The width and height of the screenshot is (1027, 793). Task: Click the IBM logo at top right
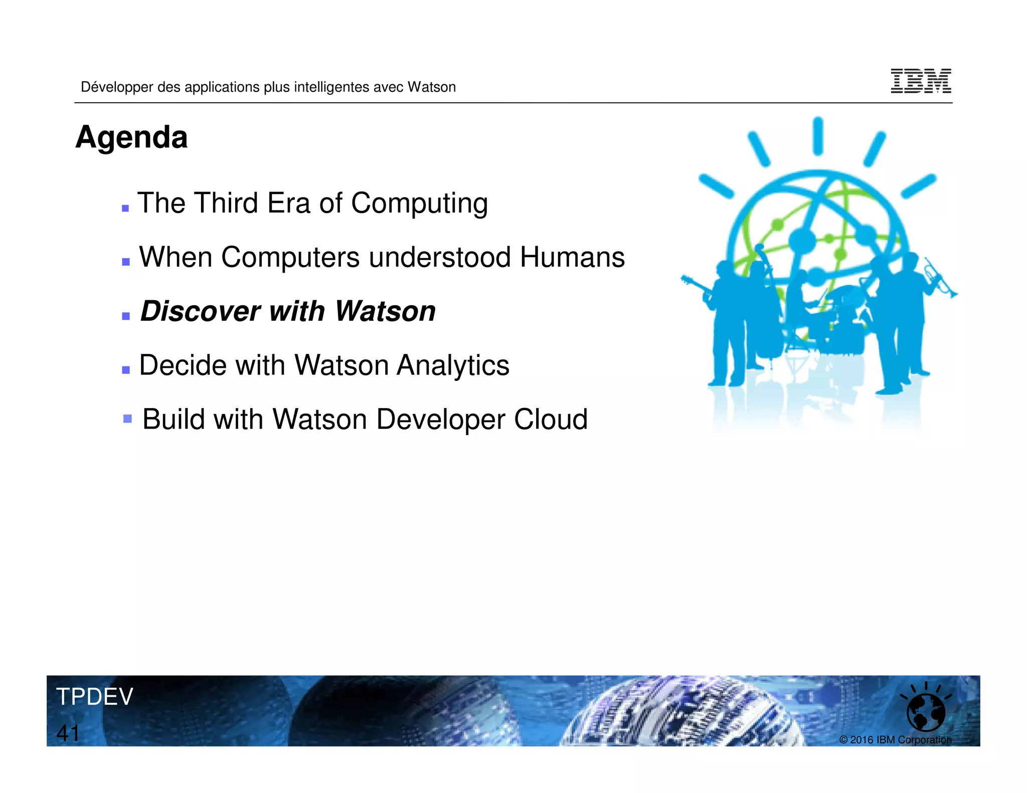tap(921, 81)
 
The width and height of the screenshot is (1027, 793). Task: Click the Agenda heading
tap(131, 137)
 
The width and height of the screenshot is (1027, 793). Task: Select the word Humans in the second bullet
tap(572, 258)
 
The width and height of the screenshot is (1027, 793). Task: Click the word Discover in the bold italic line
tap(200, 311)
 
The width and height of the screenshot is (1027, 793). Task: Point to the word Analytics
tap(453, 365)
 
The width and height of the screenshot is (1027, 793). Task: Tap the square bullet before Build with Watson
tap(127, 419)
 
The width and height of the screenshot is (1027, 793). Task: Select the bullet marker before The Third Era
tap(125, 208)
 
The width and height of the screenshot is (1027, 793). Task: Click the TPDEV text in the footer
tap(95, 697)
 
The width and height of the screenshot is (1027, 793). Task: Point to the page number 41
tap(68, 733)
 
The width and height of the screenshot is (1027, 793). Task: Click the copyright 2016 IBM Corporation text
tap(895, 740)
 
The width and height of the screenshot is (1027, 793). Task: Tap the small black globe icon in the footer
tap(926, 712)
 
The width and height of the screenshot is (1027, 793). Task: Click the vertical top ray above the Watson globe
tap(818, 136)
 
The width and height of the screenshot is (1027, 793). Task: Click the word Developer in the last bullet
tap(440, 420)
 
